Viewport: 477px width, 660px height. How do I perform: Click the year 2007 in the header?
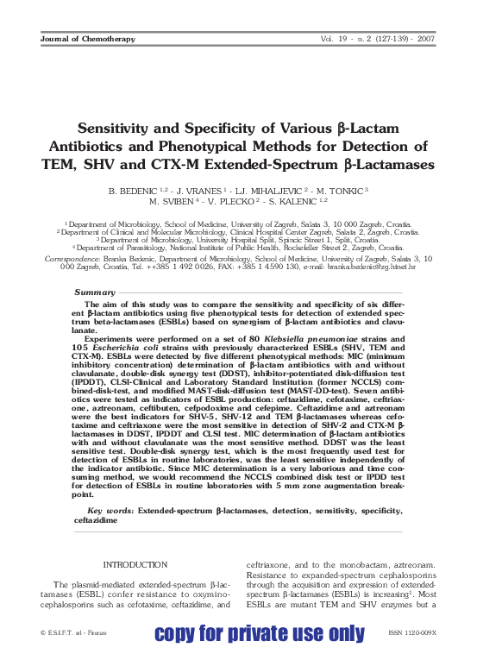pos(427,39)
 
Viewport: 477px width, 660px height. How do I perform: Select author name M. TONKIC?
pos(341,189)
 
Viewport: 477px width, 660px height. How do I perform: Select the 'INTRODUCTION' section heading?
pos(135,564)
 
